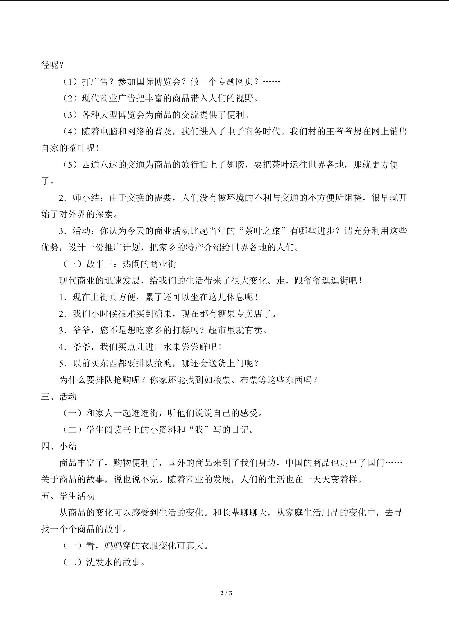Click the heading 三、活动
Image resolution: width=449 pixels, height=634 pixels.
pyautogui.click(x=59, y=397)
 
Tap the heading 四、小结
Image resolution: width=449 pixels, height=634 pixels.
pyautogui.click(x=59, y=446)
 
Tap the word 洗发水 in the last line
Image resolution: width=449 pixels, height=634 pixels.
pyautogui.click(x=100, y=562)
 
